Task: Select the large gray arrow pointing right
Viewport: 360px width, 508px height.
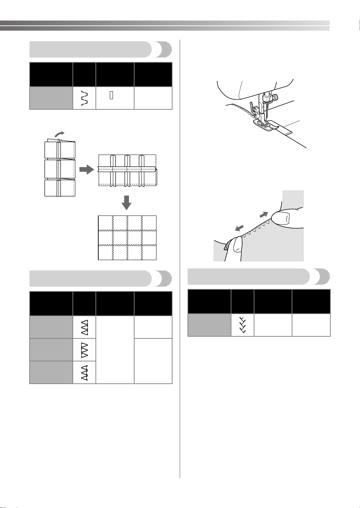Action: [87, 170]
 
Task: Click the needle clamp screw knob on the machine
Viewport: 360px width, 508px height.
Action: [275, 96]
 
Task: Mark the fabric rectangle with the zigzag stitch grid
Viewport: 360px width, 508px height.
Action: [127, 238]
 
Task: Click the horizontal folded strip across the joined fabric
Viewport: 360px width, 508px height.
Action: [127, 169]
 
